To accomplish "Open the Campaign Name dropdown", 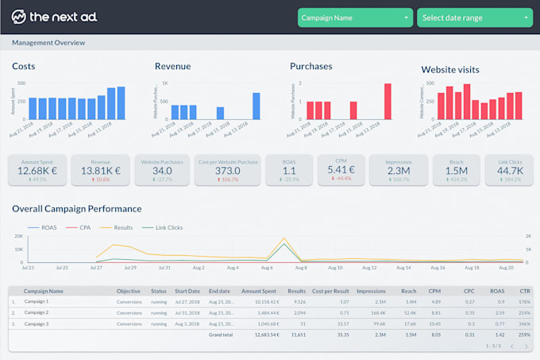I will click(355, 17).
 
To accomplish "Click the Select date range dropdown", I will click(474, 17).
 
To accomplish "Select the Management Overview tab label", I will click(48, 43).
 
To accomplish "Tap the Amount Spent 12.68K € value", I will click(37, 170).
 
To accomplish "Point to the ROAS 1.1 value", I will click(288, 170).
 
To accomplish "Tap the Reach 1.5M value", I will click(456, 170).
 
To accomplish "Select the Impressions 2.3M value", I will click(398, 170).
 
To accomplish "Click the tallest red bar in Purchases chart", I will click(388, 102).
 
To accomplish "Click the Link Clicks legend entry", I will click(168, 228).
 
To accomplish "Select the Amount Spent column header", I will click(258, 291).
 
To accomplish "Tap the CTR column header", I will click(525, 291).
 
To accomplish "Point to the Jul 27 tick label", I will click(96, 268).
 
